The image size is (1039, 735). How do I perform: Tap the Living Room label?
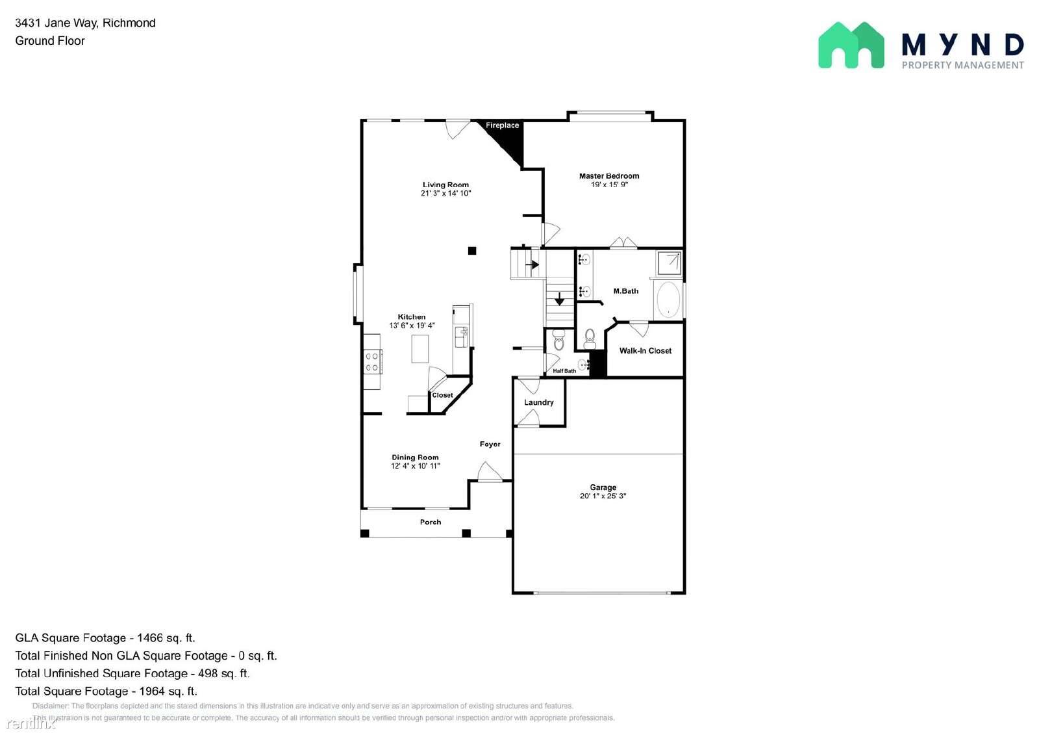click(445, 185)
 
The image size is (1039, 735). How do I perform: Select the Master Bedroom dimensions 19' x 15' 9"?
click(609, 185)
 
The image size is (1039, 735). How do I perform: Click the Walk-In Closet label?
click(645, 351)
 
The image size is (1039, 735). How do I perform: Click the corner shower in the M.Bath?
click(668, 263)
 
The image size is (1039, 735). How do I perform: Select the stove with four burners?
click(372, 362)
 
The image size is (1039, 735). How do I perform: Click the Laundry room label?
click(539, 403)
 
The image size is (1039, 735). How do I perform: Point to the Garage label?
click(603, 487)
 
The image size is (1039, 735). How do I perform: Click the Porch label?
click(431, 522)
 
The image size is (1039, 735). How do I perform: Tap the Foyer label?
click(490, 445)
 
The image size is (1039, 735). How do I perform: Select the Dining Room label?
click(415, 458)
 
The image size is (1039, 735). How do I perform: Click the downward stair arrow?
click(559, 300)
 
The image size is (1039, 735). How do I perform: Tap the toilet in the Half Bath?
click(559, 341)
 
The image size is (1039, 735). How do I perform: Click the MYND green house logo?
click(851, 45)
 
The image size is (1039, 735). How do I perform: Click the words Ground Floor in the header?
click(50, 41)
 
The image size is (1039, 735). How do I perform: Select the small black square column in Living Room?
click(472, 251)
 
